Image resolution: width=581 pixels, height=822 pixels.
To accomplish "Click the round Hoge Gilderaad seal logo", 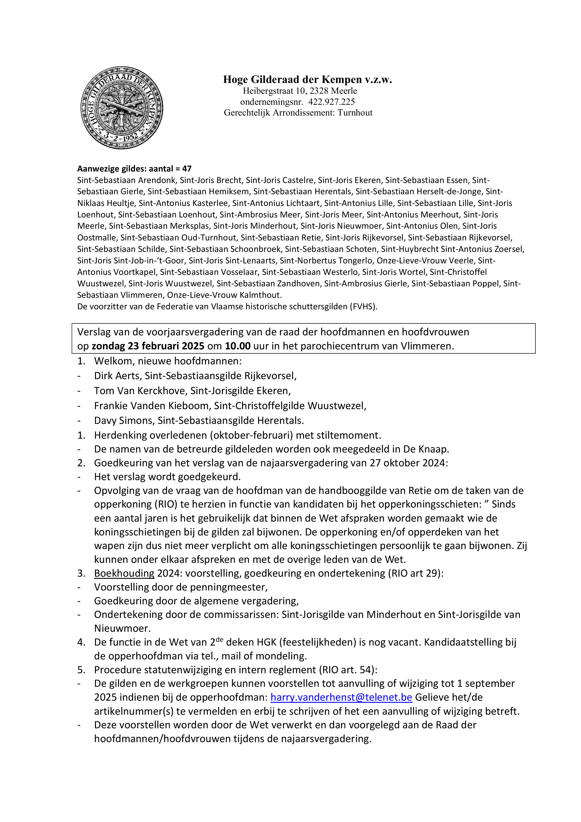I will (122, 108).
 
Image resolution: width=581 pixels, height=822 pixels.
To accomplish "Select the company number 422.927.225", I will (331, 102).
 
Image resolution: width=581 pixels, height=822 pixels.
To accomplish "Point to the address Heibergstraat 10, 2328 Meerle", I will (300, 91).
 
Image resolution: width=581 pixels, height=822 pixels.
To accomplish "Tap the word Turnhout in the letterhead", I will (355, 113).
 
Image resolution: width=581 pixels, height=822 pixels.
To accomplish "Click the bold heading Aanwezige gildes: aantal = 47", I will (134, 169).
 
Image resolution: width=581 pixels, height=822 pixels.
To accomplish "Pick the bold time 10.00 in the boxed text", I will (238, 346).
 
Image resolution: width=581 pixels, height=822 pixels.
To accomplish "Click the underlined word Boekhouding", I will (124, 573).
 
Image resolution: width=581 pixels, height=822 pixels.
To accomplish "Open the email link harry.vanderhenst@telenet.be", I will (341, 697).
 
